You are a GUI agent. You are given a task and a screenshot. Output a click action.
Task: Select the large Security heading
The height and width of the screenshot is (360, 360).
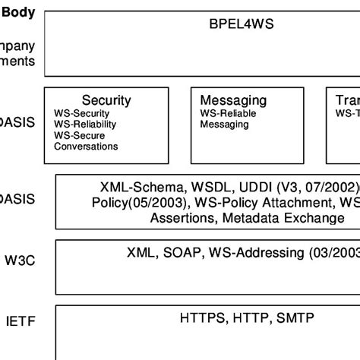106,99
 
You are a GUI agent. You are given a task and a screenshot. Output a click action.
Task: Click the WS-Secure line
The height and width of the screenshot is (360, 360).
81,135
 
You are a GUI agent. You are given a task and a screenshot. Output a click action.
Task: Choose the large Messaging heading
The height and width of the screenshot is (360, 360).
233,99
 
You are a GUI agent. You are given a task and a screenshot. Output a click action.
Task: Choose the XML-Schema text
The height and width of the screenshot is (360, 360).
144,187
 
